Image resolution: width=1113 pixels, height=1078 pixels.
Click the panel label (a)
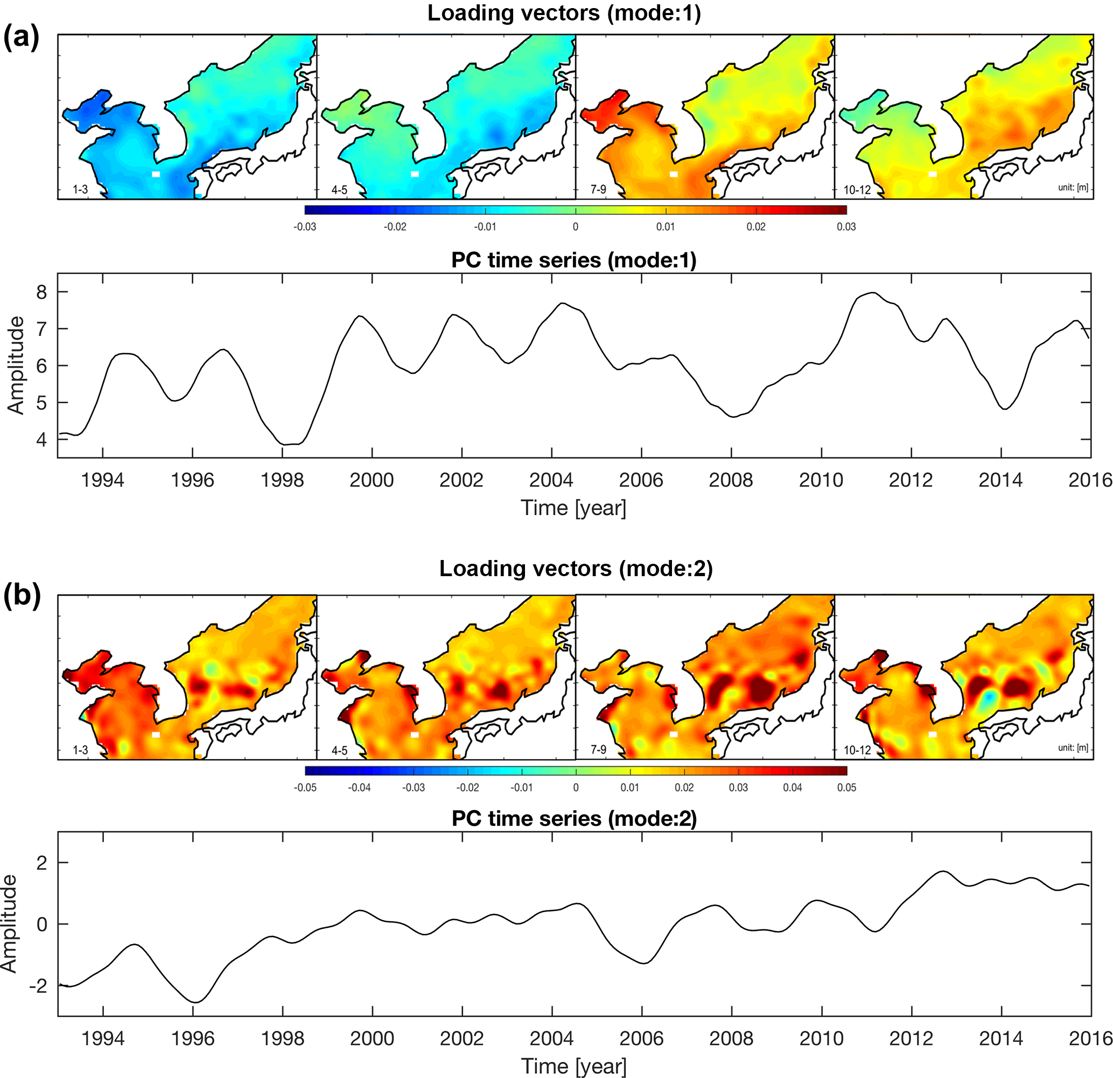click(22, 38)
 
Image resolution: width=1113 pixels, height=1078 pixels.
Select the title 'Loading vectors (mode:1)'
click(564, 13)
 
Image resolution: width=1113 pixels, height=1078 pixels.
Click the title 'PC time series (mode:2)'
click(574, 818)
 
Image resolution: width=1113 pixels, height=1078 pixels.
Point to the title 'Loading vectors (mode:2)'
click(576, 569)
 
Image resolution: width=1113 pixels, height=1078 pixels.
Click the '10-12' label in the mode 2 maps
click(857, 750)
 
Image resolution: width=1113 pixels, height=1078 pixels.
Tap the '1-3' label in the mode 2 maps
click(80, 750)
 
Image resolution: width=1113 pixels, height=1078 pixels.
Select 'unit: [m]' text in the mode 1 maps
click(1073, 187)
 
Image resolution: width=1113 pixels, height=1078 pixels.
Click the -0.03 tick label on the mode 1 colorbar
click(304, 227)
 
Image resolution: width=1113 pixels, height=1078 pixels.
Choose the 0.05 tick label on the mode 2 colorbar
click(846, 788)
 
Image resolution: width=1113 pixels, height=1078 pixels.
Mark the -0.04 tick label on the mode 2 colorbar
click(359, 788)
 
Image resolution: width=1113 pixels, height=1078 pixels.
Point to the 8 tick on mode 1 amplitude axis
click(41, 292)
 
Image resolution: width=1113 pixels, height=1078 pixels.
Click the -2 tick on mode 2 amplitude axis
click(38, 986)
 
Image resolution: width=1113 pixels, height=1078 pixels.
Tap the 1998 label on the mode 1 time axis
click(282, 480)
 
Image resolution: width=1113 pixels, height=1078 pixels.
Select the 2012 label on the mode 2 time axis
click(911, 1039)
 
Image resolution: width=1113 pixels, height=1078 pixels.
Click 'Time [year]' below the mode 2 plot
click(573, 1066)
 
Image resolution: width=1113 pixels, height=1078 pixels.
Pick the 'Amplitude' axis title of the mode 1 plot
click(16, 365)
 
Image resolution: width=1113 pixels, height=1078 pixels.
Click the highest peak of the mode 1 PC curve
click(873, 293)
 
